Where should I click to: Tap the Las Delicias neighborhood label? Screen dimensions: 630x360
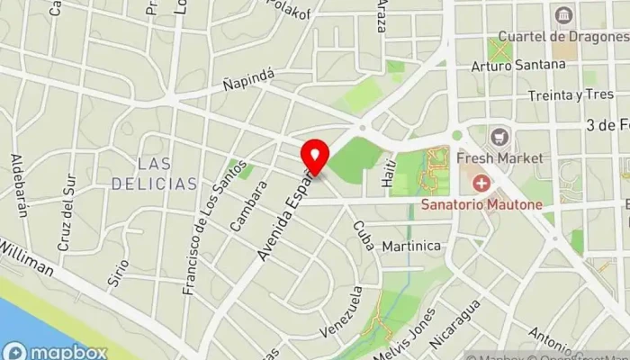click(154, 174)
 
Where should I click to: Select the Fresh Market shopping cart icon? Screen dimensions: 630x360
click(499, 138)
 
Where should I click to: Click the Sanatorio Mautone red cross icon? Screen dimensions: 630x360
click(483, 184)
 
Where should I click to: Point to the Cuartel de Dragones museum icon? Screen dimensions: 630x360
click(564, 16)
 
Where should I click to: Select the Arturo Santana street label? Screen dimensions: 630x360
click(510, 66)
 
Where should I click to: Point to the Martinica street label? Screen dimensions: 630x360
click(411, 246)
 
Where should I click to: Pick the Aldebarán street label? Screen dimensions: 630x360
click(19, 185)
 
